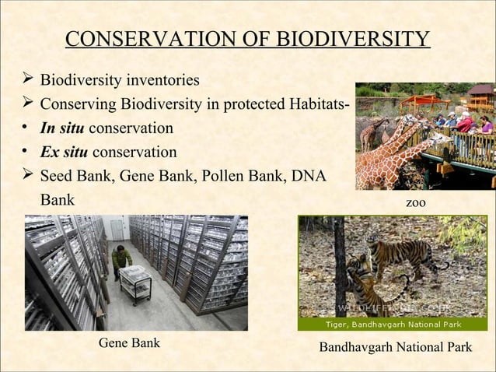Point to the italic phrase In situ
pos(64,128)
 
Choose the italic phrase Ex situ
pos(64,151)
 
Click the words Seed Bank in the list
pos(75,175)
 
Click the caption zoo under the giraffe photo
pos(417,202)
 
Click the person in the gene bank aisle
pos(121,260)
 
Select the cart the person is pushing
pos(134,282)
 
